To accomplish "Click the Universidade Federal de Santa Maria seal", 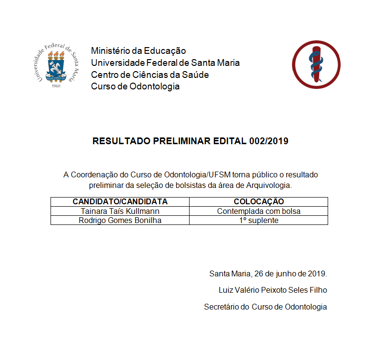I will coord(56,64).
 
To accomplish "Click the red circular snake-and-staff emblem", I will coord(316,64).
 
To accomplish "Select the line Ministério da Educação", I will coord(138,50).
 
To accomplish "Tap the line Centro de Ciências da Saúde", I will coord(150,74).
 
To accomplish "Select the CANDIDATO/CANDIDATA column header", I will coord(120,201).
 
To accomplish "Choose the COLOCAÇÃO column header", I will coord(258,201).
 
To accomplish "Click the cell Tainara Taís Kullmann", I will coord(120,211).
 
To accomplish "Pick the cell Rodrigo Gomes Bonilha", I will coord(120,220).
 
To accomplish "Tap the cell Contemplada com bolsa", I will coord(258,211).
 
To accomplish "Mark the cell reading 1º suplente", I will coord(258,220).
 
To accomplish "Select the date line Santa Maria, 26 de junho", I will coord(268,274).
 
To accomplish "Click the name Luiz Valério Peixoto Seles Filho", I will coord(272,290).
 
